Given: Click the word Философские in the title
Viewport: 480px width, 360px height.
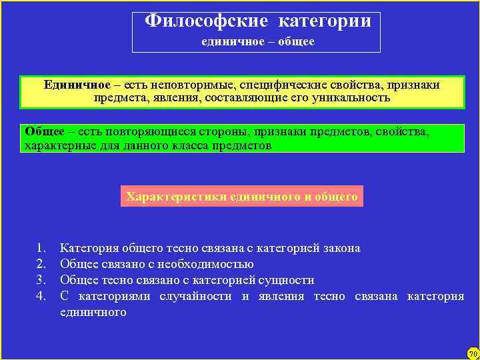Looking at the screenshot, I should (x=206, y=21).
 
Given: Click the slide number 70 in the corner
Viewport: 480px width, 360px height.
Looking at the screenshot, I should (x=472, y=353).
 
